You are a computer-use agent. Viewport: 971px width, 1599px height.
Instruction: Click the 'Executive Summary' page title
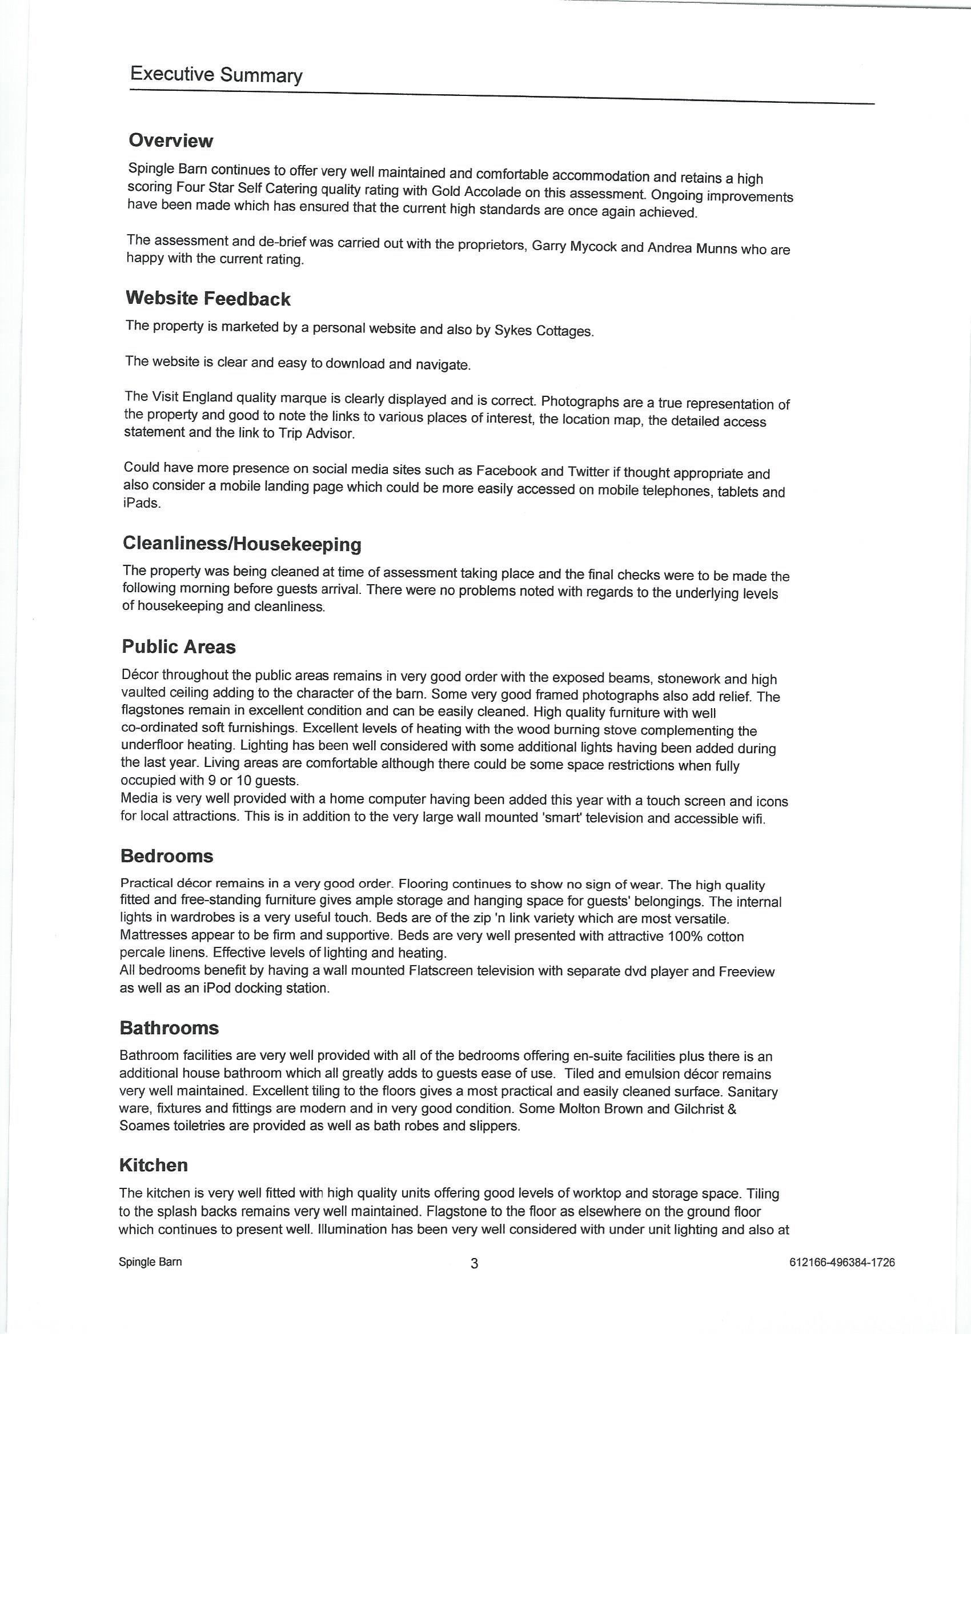(x=216, y=75)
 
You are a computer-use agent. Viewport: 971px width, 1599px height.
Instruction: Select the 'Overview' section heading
(x=171, y=141)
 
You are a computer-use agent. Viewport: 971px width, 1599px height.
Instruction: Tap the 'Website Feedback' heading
(x=208, y=299)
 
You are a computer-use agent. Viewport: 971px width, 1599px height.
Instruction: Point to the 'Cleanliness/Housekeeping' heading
(x=242, y=544)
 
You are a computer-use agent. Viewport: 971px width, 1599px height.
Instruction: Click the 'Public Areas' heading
(x=178, y=647)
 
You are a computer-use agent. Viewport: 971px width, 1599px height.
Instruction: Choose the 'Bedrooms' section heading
(x=167, y=856)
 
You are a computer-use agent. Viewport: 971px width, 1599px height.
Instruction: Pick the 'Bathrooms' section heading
(x=170, y=1028)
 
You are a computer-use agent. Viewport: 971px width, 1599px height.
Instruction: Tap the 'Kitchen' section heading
(x=153, y=1165)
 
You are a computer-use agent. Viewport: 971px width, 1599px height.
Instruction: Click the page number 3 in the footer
(x=475, y=1263)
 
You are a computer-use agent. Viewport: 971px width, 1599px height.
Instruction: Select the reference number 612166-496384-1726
(x=842, y=1262)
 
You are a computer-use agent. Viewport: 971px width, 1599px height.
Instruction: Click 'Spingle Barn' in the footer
(x=150, y=1261)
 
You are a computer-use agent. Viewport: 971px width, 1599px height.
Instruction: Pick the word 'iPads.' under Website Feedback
(x=142, y=503)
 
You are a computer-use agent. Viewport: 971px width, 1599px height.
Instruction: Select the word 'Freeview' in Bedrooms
(x=747, y=971)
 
